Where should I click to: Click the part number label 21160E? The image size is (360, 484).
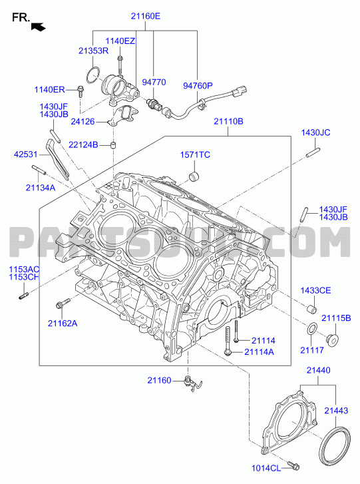click(146, 16)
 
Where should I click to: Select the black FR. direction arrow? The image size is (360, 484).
click(38, 27)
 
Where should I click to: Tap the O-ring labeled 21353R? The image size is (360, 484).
click(93, 75)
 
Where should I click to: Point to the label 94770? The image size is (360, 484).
click(154, 82)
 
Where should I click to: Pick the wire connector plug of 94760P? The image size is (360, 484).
click(241, 90)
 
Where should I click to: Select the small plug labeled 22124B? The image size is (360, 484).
click(114, 145)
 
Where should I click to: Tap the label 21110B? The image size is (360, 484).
click(229, 121)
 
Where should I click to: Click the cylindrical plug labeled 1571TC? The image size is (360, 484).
click(194, 176)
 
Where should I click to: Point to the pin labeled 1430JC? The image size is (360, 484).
click(313, 152)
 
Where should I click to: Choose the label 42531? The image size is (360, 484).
click(25, 154)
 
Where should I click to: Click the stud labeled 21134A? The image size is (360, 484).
click(39, 170)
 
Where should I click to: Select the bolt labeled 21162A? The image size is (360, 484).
click(63, 303)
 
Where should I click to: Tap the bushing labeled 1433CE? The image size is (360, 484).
click(311, 309)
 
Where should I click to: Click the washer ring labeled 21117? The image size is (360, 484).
click(311, 328)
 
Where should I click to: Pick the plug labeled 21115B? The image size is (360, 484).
click(332, 340)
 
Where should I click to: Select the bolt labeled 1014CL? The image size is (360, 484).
click(293, 466)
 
